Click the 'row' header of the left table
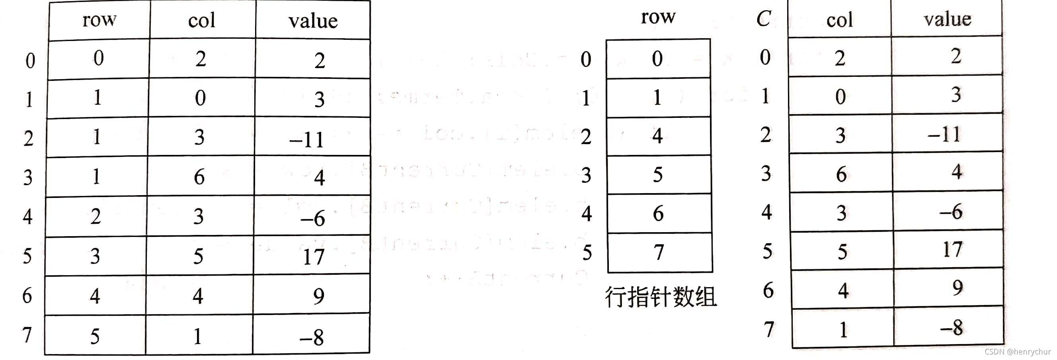coord(99,20)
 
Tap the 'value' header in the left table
coord(313,21)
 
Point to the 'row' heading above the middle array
coord(658,17)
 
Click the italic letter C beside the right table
coord(763,18)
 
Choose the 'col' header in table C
coord(839,20)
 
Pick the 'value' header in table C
coord(947,19)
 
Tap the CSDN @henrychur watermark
coord(1018,352)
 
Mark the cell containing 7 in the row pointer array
coord(659,252)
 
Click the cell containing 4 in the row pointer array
coord(657,136)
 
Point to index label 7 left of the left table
coord(27,334)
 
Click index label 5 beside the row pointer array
coord(587,252)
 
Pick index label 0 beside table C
coord(765,57)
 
